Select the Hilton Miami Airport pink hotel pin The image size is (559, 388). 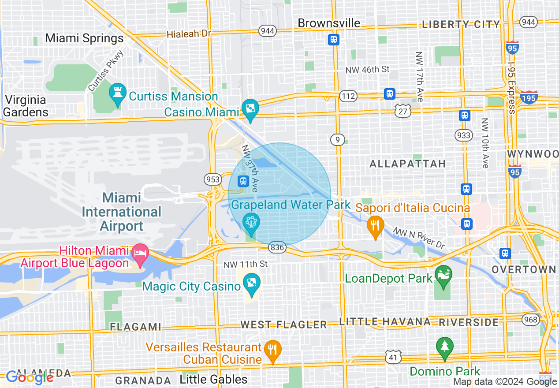140,254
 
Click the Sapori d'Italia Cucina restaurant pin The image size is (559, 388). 375,227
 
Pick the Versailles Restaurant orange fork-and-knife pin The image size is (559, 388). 272,351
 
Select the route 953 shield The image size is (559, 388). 212,179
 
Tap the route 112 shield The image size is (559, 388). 347,96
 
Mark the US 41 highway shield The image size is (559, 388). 392,357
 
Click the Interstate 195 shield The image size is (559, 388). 529,97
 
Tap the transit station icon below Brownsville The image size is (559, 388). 334,40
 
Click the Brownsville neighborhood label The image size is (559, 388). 329,23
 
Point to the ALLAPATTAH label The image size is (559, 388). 408,164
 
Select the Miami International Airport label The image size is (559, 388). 122,212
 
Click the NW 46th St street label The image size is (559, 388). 368,69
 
